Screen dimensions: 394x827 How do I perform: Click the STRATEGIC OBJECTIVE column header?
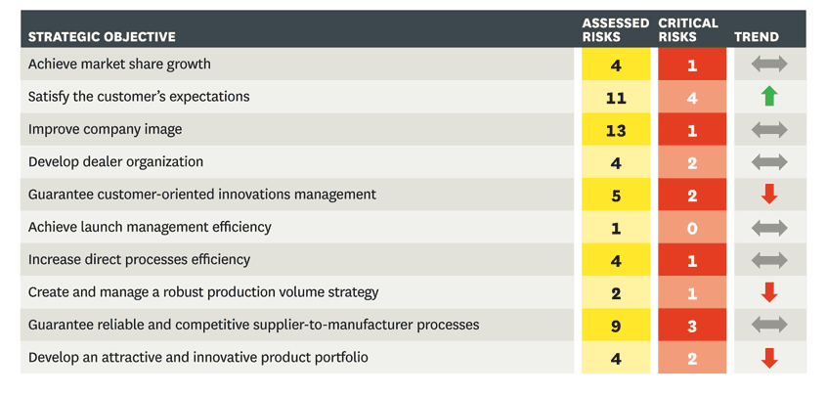(x=102, y=37)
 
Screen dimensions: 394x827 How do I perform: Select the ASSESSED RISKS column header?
(x=615, y=29)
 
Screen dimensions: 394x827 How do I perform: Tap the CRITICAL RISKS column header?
(x=688, y=29)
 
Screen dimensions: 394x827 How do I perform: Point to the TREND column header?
(x=756, y=37)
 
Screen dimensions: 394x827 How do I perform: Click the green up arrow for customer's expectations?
(x=769, y=96)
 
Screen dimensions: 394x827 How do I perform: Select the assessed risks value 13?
(x=616, y=130)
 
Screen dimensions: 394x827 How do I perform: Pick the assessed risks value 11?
(x=616, y=98)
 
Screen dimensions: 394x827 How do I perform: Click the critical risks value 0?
(x=692, y=228)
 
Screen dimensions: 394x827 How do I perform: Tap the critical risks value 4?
(x=692, y=98)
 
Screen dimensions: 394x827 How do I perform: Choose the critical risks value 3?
(x=692, y=326)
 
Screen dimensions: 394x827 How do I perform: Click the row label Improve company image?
(x=105, y=129)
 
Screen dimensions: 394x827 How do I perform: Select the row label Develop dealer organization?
(x=115, y=161)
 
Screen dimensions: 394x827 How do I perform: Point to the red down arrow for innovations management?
(x=769, y=194)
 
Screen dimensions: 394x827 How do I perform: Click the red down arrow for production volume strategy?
(x=769, y=292)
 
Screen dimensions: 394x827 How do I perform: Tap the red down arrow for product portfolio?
(x=769, y=358)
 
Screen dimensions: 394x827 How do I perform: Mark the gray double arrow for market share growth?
(x=769, y=65)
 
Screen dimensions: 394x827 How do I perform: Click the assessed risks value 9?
(x=616, y=326)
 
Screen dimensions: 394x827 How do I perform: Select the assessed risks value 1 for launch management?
(x=616, y=228)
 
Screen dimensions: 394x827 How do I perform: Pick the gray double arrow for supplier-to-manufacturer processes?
(x=769, y=326)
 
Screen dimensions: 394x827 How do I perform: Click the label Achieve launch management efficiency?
(x=150, y=227)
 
